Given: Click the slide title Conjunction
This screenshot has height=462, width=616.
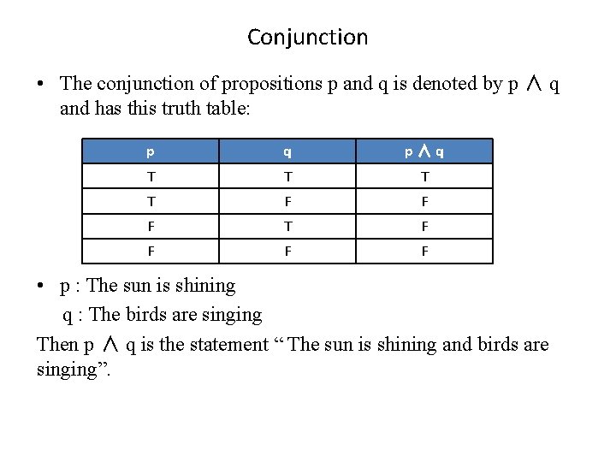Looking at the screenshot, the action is point(307,38).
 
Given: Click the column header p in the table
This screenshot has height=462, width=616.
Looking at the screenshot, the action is point(151,152).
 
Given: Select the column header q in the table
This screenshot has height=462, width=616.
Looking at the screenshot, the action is point(287,152).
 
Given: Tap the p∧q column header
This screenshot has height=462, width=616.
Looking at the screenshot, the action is point(424,152).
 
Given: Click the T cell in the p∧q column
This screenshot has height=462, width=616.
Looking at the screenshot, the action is point(424,177).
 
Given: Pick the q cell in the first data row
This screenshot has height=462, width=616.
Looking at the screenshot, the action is point(287,177).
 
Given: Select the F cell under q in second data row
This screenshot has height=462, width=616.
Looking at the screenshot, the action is point(287,202).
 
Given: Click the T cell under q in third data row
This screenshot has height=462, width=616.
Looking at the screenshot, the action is point(287,227).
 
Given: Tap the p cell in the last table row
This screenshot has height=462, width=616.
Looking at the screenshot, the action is point(151,252).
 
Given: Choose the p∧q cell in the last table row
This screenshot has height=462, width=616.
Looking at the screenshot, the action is point(424,252).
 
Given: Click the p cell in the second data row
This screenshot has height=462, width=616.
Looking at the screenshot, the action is point(151,202).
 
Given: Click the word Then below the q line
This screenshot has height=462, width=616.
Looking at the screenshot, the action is point(57,344).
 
